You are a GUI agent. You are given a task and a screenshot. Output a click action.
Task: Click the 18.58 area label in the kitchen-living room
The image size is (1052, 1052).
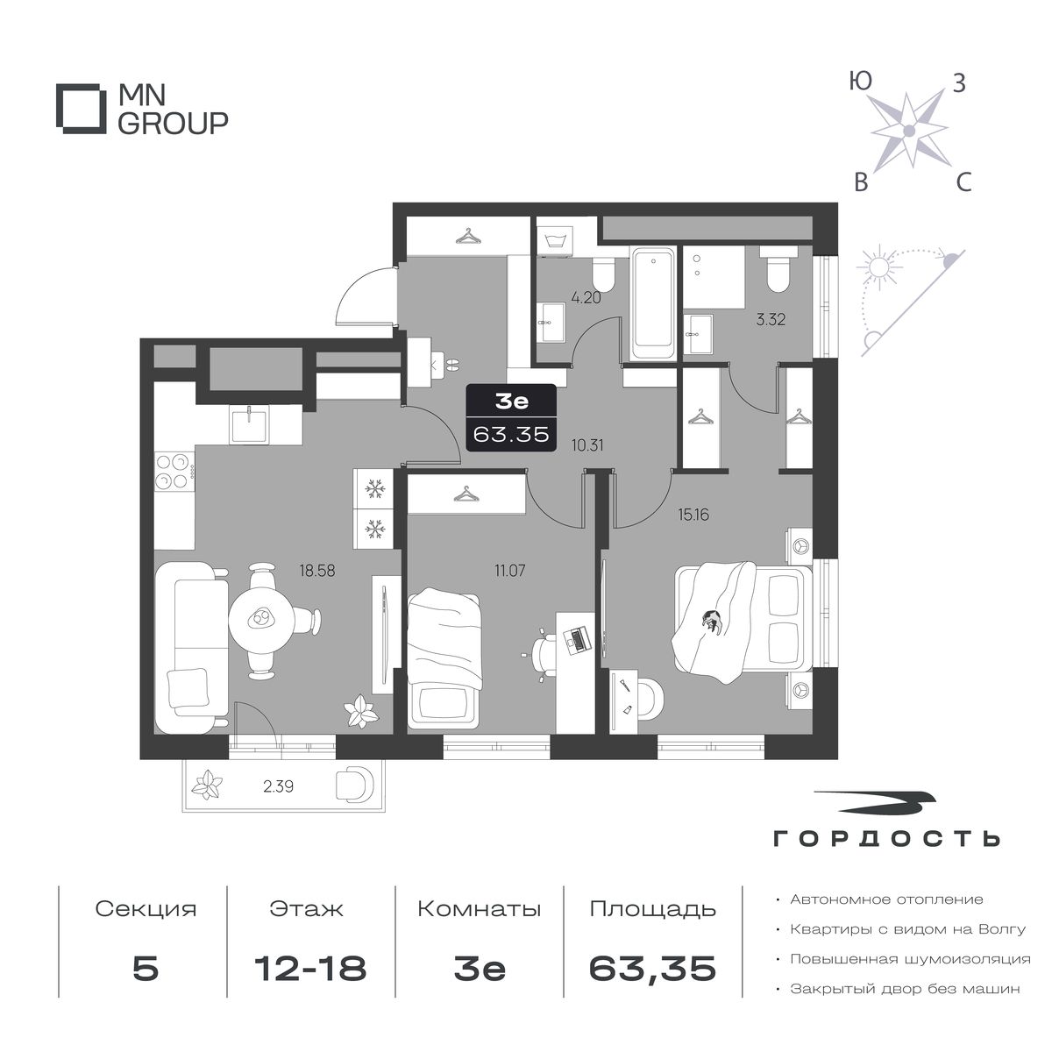coord(316,571)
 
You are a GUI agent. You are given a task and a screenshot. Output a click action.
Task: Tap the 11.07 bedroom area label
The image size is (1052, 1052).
coord(509,571)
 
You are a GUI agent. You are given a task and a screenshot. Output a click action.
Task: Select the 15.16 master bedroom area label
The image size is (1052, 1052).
coord(693,515)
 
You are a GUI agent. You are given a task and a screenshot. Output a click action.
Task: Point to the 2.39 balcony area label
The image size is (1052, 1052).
coord(278,786)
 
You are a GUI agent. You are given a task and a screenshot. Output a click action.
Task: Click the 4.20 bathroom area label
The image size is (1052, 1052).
coord(586,298)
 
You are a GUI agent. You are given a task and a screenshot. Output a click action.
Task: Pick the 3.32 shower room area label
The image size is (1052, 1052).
coord(771,319)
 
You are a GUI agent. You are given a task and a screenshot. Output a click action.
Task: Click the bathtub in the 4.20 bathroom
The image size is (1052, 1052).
coord(652,302)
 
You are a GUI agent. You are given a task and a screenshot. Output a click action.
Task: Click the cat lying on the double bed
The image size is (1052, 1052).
coord(711,622)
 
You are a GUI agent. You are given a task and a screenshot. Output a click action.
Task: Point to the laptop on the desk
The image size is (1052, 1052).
coord(577,639)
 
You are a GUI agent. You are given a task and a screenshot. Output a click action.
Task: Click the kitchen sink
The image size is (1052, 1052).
coord(249,425)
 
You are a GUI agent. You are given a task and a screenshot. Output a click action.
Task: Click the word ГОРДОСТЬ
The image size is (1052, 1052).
coord(886,854)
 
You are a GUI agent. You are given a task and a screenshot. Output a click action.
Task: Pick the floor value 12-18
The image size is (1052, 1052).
coord(310,968)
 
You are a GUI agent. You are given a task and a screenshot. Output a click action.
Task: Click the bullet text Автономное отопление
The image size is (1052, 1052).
coord(886,899)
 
